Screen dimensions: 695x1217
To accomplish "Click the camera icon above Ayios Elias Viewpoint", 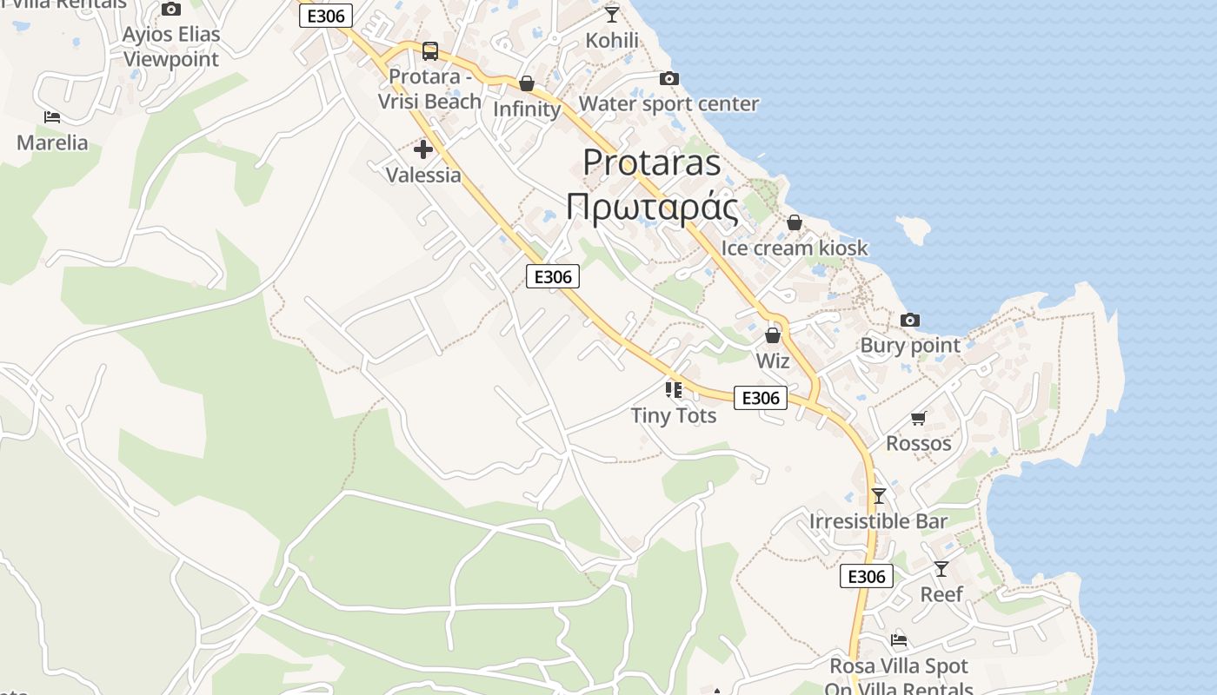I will point(171,10).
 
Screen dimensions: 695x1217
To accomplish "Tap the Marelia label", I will point(52,142).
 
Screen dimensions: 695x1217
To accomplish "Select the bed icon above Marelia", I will point(52,116).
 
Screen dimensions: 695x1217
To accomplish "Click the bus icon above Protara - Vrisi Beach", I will point(429,50).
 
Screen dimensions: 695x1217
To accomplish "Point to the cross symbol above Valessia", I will point(423,149).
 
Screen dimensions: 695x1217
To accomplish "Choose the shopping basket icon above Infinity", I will point(527,83).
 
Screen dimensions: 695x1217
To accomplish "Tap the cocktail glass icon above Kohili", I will point(612,14).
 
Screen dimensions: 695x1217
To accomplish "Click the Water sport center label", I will point(668,104).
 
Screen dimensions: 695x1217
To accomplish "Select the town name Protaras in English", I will point(651,162).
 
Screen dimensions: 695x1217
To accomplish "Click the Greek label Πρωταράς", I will point(652,208).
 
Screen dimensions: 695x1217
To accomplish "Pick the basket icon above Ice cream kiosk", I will point(794,222).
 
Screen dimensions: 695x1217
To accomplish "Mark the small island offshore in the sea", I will point(913,229).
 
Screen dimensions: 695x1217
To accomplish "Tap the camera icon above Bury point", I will point(910,320).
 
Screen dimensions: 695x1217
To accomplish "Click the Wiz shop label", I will point(772,361).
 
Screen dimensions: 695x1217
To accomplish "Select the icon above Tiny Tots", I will point(674,389).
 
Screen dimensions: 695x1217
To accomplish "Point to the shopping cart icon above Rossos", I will point(919,418).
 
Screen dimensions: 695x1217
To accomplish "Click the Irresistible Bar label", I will point(878,521).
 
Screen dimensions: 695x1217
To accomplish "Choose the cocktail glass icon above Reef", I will point(941,569).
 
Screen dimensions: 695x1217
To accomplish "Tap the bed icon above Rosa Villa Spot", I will point(899,640).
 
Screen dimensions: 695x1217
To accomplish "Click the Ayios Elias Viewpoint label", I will point(171,47).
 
